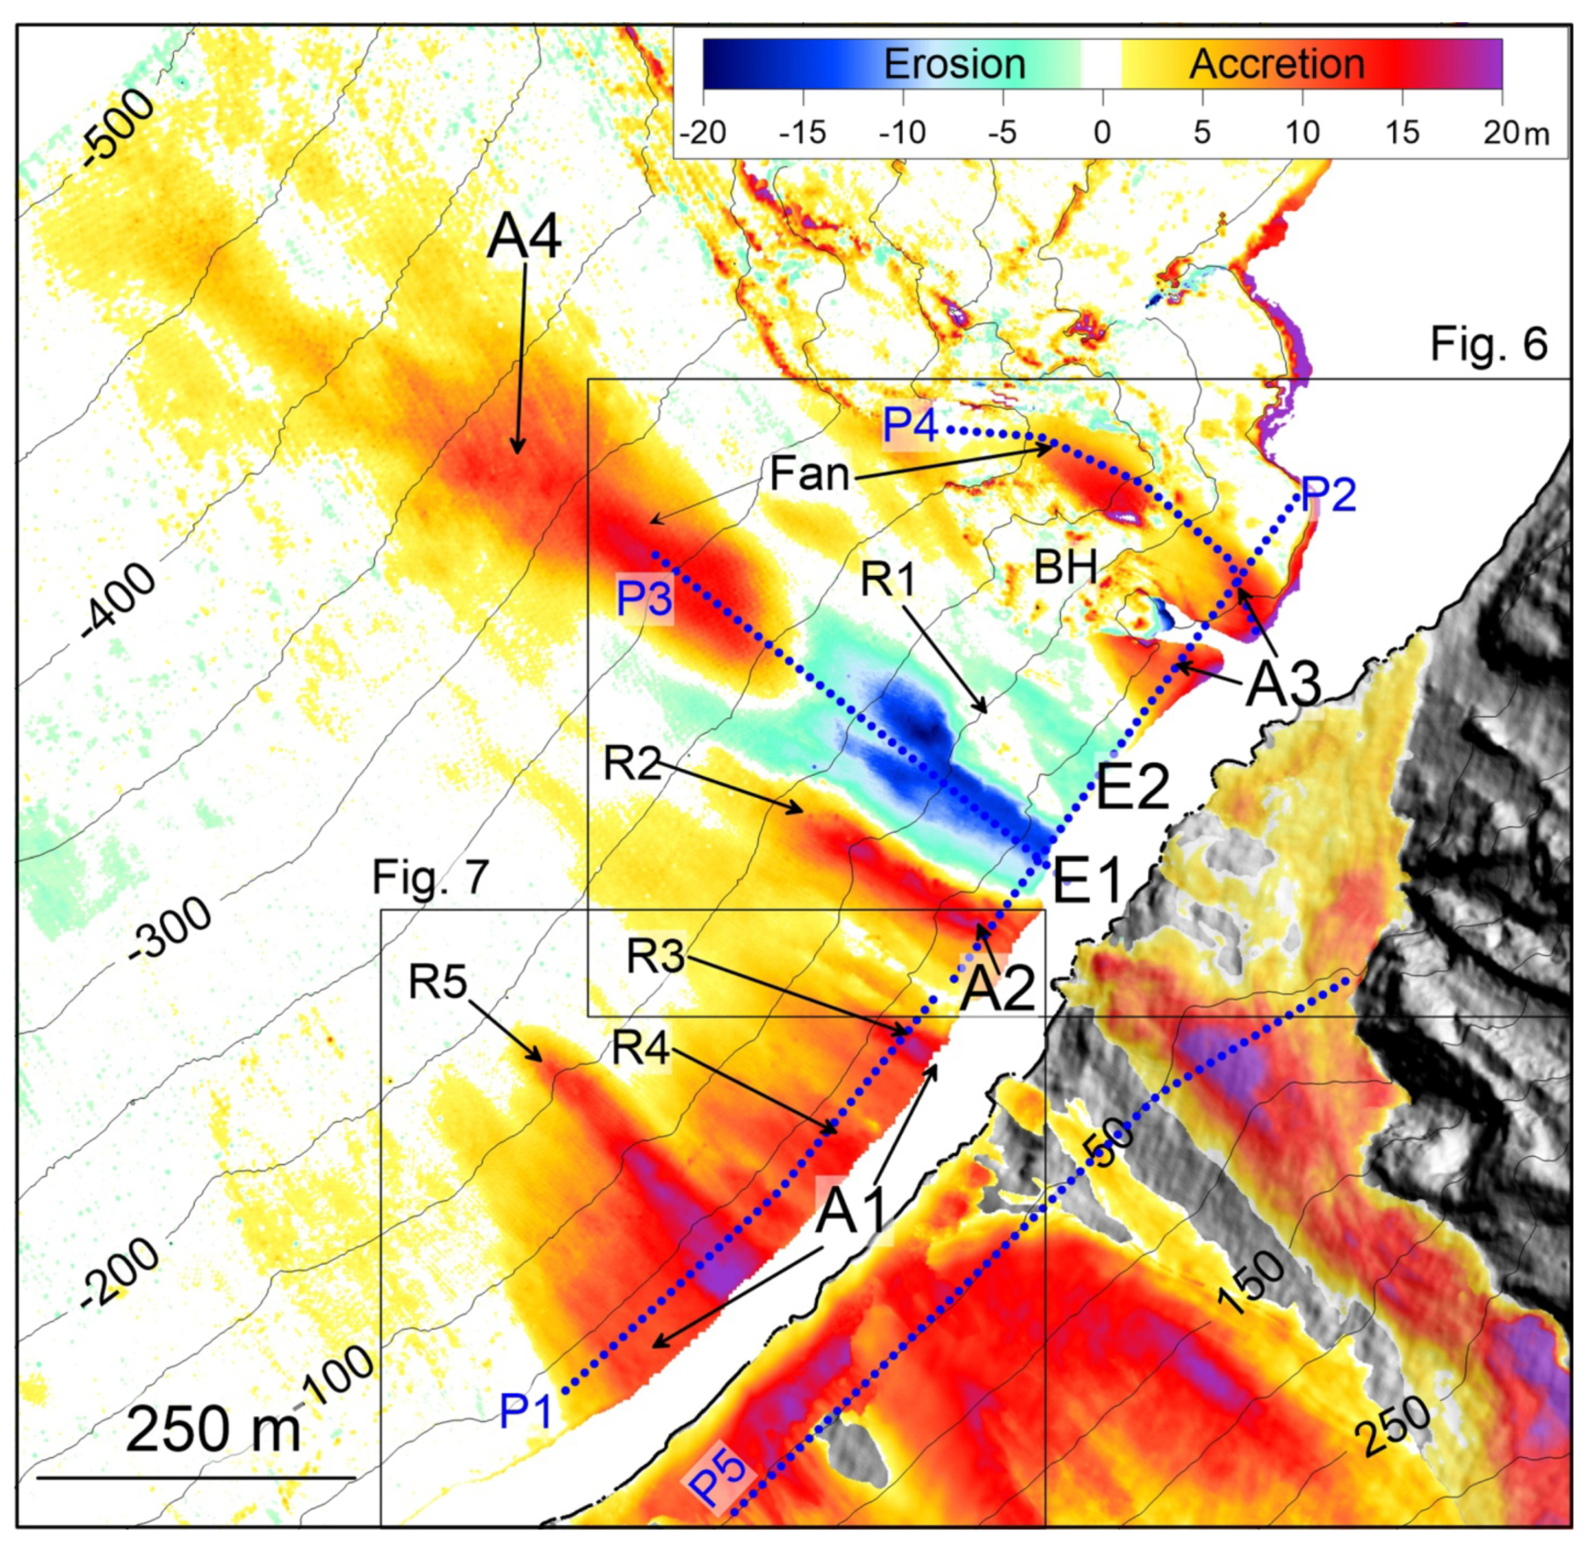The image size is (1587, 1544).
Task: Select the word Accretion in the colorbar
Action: pos(1277,64)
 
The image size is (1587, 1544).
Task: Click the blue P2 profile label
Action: pos(1327,494)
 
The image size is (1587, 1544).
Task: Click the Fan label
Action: pos(809,473)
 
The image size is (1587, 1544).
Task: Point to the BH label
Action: pos(1066,567)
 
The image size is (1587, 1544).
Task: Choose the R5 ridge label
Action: pos(438,983)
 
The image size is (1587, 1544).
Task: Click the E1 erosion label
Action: pos(1087,881)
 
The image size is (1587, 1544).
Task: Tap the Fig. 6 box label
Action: pos(1488,344)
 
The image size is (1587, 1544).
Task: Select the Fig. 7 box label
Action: pos(431,877)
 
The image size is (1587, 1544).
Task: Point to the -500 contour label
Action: pos(120,127)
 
